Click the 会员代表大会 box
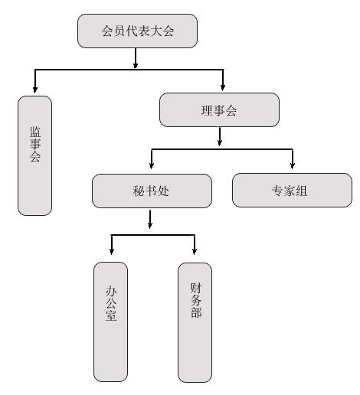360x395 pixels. click(137, 31)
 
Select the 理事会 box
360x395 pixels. click(219, 109)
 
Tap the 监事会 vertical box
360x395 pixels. click(34, 155)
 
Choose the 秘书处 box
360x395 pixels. click(152, 191)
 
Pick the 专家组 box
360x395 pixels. click(292, 190)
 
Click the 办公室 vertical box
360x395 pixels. click(110, 322)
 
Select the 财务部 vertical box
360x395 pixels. click(195, 322)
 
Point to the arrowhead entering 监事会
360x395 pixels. click(35, 90)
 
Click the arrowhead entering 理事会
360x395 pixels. click(223, 88)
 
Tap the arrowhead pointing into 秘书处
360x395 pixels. click(152, 166)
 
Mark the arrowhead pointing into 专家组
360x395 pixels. click(293, 166)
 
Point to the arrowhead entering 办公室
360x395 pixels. click(112, 251)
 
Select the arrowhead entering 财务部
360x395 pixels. click(195, 251)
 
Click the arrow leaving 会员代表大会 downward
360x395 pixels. click(136, 58)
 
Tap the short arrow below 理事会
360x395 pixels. click(220, 136)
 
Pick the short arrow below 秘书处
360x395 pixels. click(150, 219)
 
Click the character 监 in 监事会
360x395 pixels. click(35, 132)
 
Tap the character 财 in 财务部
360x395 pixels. click(196, 288)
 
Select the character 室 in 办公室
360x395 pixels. click(111, 315)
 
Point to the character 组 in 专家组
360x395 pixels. click(301, 191)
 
